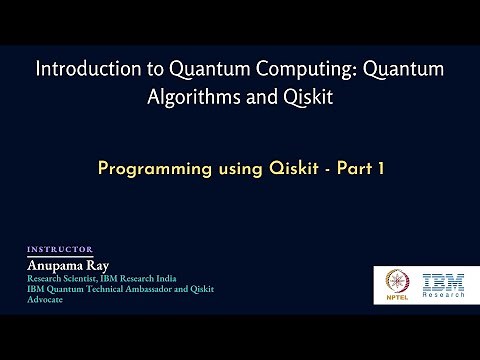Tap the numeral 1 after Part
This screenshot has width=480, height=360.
pyautogui.click(x=381, y=169)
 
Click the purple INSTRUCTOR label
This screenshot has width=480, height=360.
pyautogui.click(x=59, y=249)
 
